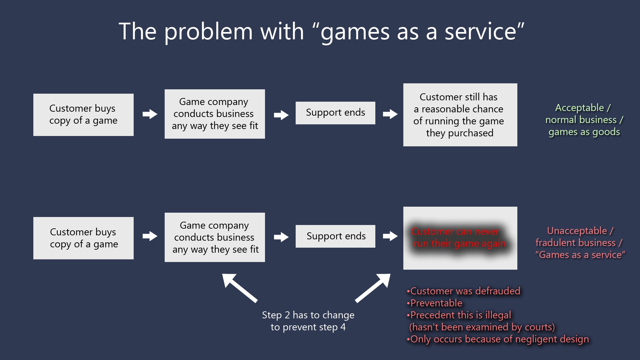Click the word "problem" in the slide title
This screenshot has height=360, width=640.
[208, 32]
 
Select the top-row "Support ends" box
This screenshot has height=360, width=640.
[335, 113]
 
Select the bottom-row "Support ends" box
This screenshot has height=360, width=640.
[335, 236]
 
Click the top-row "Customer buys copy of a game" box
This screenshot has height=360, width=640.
[83, 115]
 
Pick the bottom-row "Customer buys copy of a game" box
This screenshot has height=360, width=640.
[83, 238]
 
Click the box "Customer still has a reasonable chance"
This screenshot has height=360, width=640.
[460, 115]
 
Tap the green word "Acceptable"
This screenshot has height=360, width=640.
[579, 108]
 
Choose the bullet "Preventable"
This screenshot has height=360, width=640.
[436, 303]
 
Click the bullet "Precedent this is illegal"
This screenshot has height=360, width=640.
[460, 315]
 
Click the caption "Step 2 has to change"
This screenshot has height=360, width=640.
[308, 315]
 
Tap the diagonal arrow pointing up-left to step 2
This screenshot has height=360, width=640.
[239, 288]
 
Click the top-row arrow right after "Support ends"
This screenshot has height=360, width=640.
[390, 114]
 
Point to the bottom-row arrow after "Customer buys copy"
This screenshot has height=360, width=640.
[150, 236]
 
